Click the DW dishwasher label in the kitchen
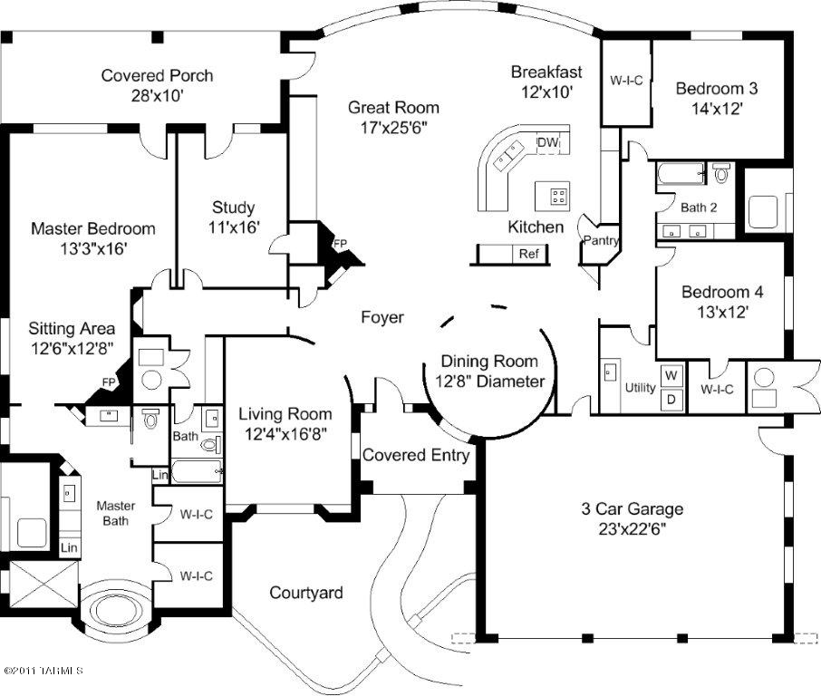click(547, 142)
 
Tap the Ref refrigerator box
click(528, 254)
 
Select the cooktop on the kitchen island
click(555, 193)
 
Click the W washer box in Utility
click(671, 374)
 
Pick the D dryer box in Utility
click(671, 399)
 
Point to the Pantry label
click(601, 240)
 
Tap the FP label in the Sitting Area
click(109, 382)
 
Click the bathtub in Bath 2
click(680, 173)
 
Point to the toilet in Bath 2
click(722, 173)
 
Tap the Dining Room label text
click(489, 362)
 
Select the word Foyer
click(382, 317)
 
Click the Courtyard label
click(306, 593)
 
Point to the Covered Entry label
click(416, 455)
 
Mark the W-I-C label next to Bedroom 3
click(626, 80)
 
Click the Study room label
click(233, 207)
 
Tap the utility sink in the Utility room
click(609, 372)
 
